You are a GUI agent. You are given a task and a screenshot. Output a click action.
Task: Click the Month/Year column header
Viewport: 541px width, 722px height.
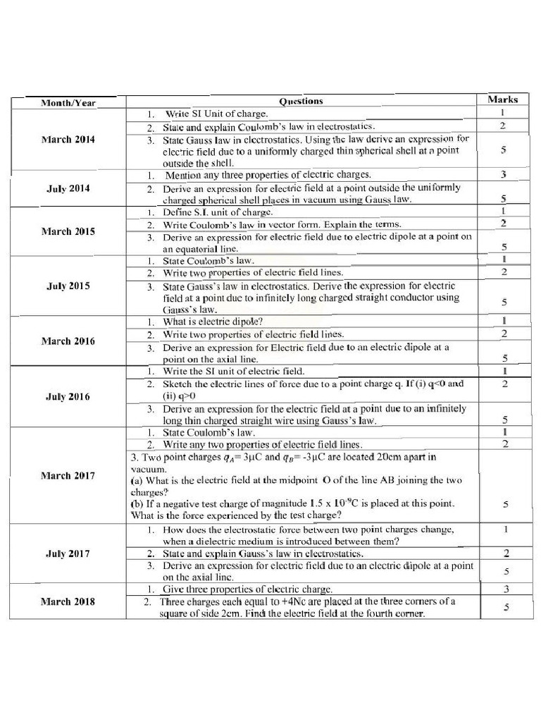[x=68, y=103]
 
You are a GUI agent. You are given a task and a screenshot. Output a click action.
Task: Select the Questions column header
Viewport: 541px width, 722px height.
[x=301, y=101]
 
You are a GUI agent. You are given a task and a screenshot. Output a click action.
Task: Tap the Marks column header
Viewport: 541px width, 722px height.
[x=502, y=99]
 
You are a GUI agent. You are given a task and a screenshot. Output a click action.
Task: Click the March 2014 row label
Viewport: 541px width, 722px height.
[x=68, y=140]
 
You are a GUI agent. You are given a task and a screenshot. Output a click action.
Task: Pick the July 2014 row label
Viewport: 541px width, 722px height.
[x=68, y=188]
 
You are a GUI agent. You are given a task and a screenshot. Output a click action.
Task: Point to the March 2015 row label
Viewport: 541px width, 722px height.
[x=68, y=231]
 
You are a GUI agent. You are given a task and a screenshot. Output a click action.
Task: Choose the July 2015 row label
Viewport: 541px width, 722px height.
[x=68, y=286]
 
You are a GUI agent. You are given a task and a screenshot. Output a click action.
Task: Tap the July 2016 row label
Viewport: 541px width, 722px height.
[x=68, y=396]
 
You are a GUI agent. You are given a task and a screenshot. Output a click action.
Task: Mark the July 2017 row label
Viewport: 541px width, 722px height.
[x=68, y=553]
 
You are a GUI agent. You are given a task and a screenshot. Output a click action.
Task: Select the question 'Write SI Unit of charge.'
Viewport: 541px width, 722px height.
[x=216, y=114]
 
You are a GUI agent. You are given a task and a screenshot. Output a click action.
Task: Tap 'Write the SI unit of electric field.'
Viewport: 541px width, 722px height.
[x=233, y=371]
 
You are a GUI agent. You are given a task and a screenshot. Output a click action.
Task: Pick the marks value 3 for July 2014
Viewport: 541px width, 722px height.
[x=503, y=174]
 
